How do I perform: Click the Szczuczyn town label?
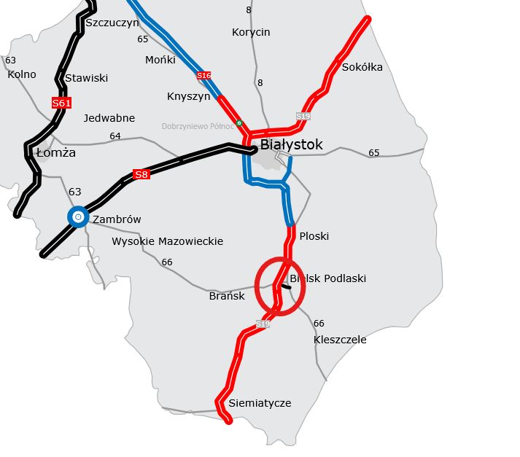[112, 23]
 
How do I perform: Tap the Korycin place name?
[251, 32]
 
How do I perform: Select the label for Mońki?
[160, 60]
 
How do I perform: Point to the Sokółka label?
[362, 68]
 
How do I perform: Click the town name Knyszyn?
[188, 96]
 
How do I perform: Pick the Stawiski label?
[86, 78]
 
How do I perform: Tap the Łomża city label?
[55, 153]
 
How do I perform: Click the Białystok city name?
[291, 145]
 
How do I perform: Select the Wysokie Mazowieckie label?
[167, 241]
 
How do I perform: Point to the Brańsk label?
[227, 296]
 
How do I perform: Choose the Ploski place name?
[314, 236]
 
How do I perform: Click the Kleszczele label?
[340, 340]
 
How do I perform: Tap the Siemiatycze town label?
[260, 403]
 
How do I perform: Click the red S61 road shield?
[62, 103]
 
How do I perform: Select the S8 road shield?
[141, 174]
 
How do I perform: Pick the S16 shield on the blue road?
[204, 76]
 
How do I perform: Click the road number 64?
[115, 136]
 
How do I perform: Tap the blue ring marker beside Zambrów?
[78, 216]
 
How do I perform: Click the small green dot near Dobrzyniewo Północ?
[239, 123]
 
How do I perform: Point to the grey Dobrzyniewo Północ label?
[198, 126]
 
